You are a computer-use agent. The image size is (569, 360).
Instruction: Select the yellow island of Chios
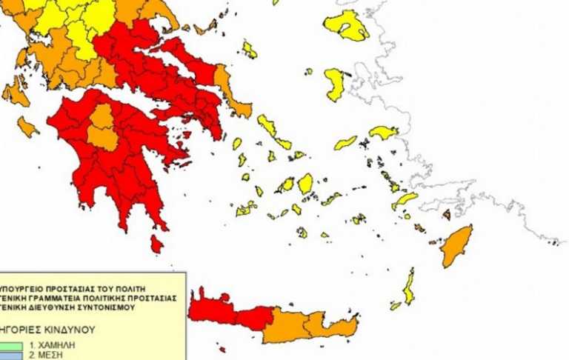[x=335, y=84]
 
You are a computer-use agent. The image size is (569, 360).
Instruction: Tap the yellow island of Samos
[x=384, y=133]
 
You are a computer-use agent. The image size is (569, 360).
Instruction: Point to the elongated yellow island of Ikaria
[x=345, y=143]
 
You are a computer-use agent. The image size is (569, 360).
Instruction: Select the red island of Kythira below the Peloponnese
[x=156, y=243]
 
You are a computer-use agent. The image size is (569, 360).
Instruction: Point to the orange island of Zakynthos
[x=27, y=127]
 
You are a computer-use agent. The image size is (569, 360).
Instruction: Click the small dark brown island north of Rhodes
[x=447, y=214]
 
